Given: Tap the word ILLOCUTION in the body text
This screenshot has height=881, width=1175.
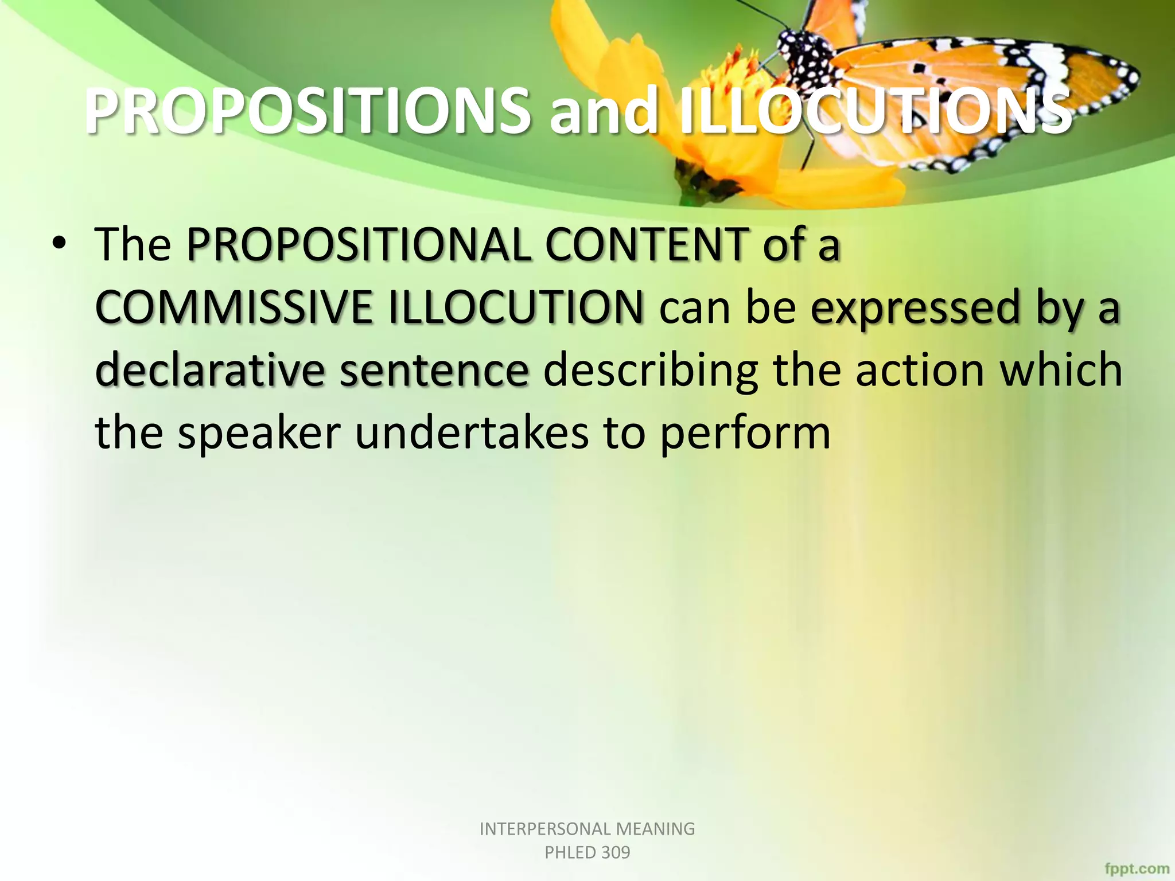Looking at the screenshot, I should (516, 308).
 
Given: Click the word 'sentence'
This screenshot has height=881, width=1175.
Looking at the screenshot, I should (434, 372).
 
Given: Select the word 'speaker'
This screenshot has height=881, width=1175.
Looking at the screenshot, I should (259, 434).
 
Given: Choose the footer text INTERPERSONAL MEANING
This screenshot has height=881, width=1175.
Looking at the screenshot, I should (587, 829).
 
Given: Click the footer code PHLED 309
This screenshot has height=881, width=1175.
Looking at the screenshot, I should (587, 852).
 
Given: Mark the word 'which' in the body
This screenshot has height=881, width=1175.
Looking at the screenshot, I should (1061, 371).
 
